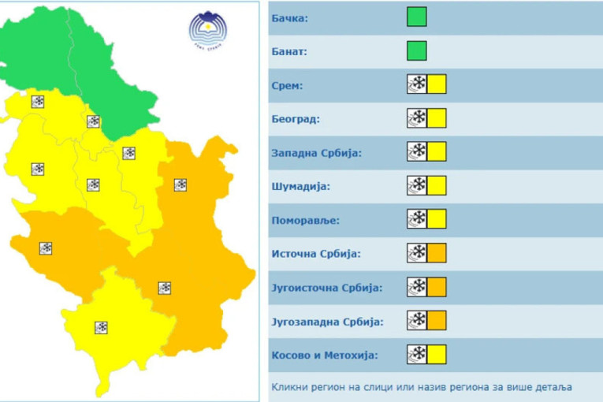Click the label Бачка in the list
tap(289, 17)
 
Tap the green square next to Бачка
tap(417, 17)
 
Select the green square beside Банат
tap(417, 51)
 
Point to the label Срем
tap(288, 85)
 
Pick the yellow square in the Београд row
tap(437, 118)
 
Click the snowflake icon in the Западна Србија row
tap(416, 152)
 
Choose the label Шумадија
tap(301, 187)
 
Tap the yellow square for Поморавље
tap(437, 219)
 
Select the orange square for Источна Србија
tap(437, 253)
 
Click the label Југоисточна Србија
tap(326, 288)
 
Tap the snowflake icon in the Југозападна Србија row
tap(416, 321)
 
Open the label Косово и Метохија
tap(324, 355)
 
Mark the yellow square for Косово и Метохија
tap(437, 355)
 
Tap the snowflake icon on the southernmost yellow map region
tap(101, 327)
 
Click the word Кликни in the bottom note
tap(289, 387)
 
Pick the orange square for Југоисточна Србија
tap(437, 287)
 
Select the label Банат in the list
tap(289, 52)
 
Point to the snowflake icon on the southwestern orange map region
tap(46, 248)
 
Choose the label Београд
tap(296, 119)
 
